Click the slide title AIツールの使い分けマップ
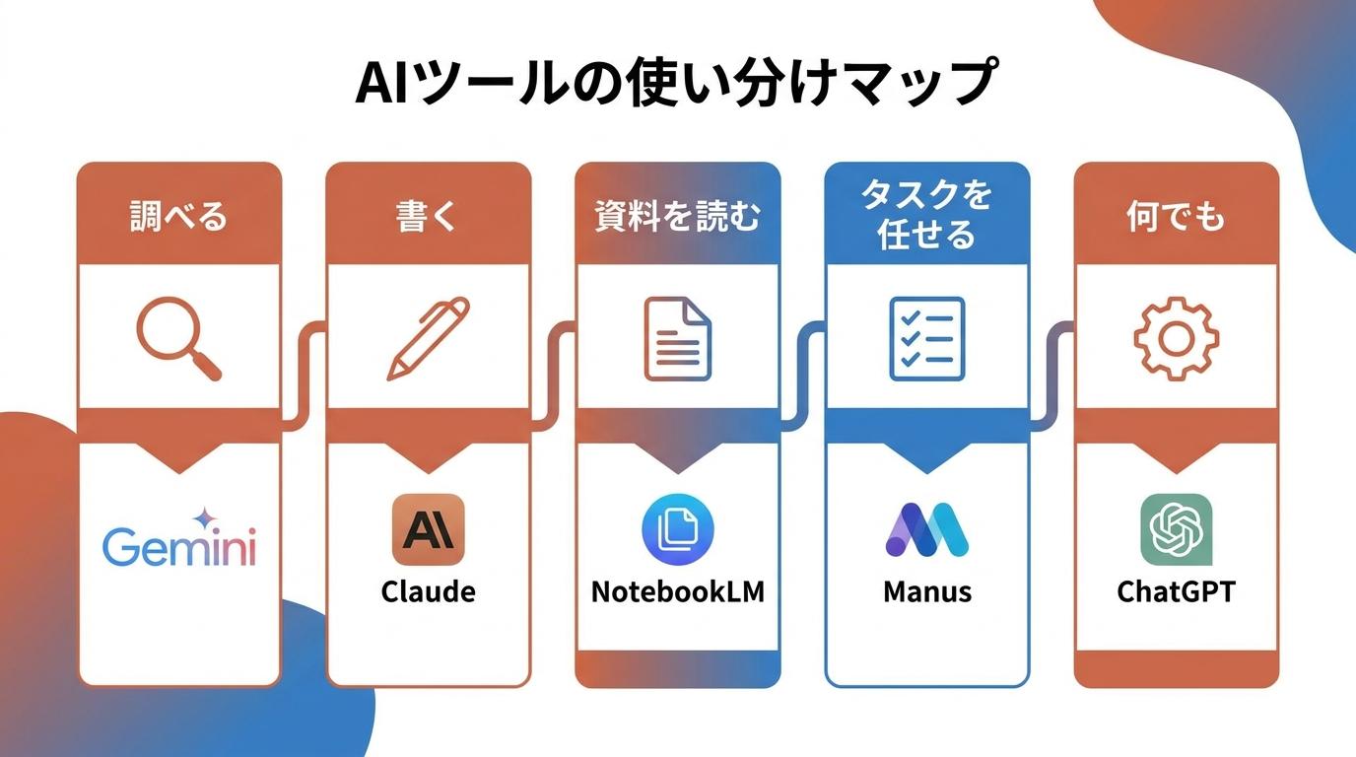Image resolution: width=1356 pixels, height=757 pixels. pyautogui.click(x=676, y=83)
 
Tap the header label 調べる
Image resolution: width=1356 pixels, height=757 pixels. pyautogui.click(x=178, y=216)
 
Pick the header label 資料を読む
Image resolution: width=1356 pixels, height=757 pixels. pyautogui.click(x=677, y=216)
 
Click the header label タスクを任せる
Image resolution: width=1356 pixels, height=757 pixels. pyautogui.click(x=926, y=215)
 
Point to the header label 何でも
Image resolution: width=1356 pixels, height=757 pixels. pyautogui.click(x=1176, y=216)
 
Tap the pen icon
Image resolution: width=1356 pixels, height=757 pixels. pyautogui.click(x=428, y=338)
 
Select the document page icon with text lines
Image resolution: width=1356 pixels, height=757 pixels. pyautogui.click(x=677, y=338)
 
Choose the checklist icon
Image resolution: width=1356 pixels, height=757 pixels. pyautogui.click(x=926, y=338)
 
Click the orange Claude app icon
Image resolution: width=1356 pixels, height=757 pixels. pyautogui.click(x=428, y=529)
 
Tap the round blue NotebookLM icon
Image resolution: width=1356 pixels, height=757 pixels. pyautogui.click(x=677, y=529)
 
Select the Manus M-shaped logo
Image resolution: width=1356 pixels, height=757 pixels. pyautogui.click(x=926, y=529)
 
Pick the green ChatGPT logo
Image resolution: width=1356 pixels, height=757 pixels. pyautogui.click(x=1177, y=529)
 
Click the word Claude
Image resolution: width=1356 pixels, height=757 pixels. pyautogui.click(x=428, y=591)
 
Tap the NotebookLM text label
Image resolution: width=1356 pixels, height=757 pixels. pyautogui.click(x=677, y=591)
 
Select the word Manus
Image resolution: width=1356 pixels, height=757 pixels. pyautogui.click(x=926, y=591)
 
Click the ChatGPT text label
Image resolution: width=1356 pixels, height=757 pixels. pyautogui.click(x=1176, y=591)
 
